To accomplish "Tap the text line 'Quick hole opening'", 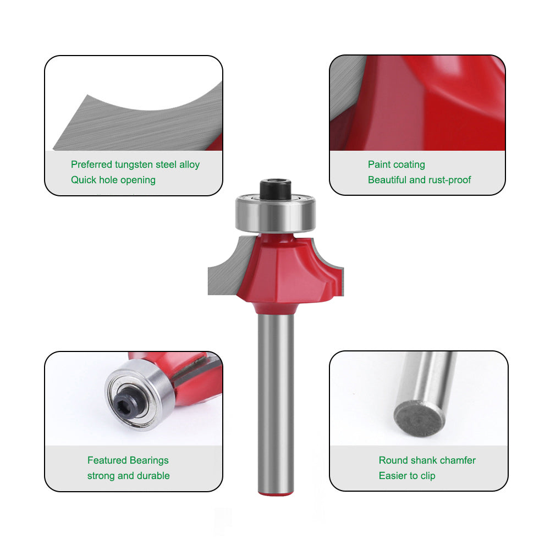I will click(113, 180).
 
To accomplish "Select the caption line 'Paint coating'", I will click(397, 164).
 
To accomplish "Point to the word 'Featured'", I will click(107, 460).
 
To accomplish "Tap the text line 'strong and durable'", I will click(128, 476).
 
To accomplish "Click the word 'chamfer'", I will click(458, 460).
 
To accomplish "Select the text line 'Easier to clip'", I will click(407, 476).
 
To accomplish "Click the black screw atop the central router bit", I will click(276, 189).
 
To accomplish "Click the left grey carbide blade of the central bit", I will click(226, 272).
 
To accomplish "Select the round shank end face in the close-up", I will click(419, 419).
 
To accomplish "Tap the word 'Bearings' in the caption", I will click(149, 460).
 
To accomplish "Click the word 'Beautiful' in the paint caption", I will click(388, 180).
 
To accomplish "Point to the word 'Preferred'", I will click(92, 164).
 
